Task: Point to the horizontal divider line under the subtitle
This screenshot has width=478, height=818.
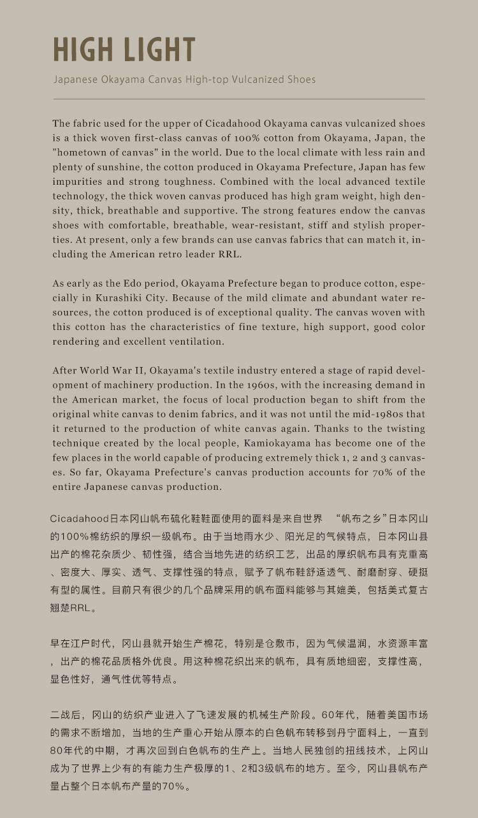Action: [x=239, y=99]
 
